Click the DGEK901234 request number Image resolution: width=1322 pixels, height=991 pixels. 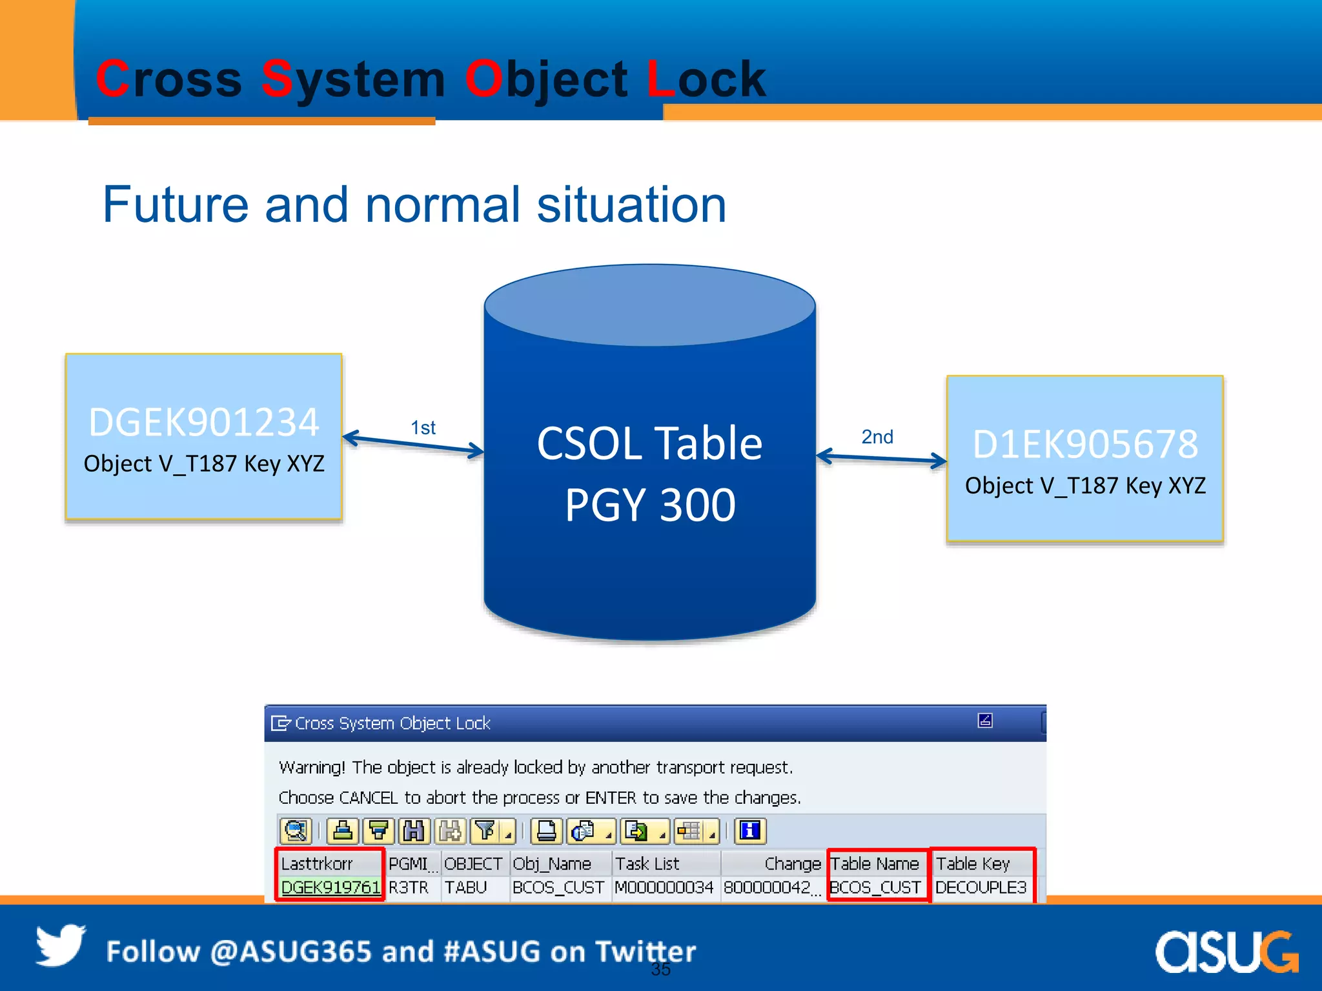(x=204, y=423)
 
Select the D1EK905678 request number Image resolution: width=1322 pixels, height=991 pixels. (x=1085, y=445)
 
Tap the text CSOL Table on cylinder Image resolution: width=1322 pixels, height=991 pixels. (x=649, y=444)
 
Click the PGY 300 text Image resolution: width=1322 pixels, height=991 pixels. (x=649, y=505)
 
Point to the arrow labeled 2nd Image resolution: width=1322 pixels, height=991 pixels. (x=882, y=458)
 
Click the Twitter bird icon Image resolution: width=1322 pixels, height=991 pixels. (x=60, y=946)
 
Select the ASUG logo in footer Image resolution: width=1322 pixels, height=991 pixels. (x=1226, y=952)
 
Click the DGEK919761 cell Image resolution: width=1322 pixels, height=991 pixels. (x=330, y=888)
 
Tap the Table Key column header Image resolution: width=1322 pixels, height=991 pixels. (x=973, y=864)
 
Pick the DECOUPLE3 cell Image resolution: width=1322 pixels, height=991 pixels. (x=981, y=888)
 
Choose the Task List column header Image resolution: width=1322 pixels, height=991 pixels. (x=647, y=864)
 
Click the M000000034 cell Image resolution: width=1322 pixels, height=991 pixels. (x=664, y=888)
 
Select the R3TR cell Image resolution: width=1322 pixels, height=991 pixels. (x=408, y=888)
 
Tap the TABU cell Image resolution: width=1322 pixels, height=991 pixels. (x=465, y=888)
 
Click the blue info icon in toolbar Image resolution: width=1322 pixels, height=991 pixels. (x=750, y=831)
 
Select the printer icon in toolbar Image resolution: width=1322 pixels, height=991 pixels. (x=547, y=831)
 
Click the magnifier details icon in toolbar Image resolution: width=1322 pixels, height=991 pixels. (x=296, y=831)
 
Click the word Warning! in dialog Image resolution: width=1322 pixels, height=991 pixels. (x=312, y=768)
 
